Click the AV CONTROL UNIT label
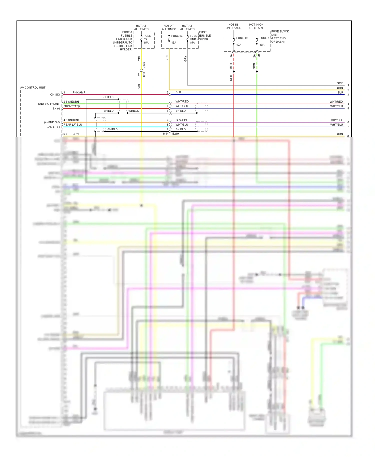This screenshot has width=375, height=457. point(33,87)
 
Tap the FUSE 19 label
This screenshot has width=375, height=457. point(242,38)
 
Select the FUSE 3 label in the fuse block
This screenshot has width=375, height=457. point(264,38)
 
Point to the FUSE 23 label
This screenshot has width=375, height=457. point(177,36)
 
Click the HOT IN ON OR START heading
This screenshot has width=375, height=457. point(256,26)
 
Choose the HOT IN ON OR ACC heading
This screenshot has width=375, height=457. point(233,26)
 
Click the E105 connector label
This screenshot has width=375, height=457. point(144,65)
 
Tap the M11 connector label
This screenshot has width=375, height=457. point(144,74)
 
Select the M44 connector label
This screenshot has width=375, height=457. point(165,134)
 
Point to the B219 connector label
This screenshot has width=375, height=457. point(175,134)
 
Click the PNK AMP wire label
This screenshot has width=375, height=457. point(79,92)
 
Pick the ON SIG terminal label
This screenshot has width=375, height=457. point(55,94)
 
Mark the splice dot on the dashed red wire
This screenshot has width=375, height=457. point(234,71)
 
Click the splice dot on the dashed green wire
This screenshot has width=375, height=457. point(257,71)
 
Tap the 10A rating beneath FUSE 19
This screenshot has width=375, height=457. point(239,45)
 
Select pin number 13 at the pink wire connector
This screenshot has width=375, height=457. point(167,92)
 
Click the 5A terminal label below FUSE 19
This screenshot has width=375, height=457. point(231,56)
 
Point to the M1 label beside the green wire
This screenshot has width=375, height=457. point(259,55)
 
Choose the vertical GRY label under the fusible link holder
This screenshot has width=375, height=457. point(185,59)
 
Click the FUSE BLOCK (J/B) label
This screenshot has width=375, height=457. point(280,33)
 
